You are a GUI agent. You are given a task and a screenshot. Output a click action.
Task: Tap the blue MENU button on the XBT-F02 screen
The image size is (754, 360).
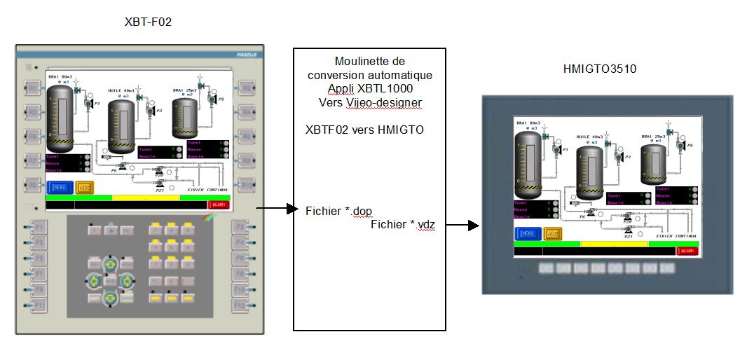(59, 187)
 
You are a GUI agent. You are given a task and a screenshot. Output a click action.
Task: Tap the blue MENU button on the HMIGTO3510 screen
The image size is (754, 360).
(526, 233)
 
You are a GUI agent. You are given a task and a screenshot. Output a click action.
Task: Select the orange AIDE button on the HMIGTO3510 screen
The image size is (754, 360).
(552, 233)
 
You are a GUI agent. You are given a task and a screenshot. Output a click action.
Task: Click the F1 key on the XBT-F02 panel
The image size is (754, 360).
(39, 227)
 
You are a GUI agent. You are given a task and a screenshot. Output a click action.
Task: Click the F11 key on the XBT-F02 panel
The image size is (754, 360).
(39, 305)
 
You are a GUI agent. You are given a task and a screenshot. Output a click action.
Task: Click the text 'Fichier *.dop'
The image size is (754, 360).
(338, 210)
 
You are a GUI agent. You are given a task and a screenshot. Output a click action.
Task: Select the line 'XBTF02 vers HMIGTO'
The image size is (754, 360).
(364, 130)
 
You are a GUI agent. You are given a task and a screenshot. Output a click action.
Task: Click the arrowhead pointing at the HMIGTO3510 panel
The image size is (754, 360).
(474, 226)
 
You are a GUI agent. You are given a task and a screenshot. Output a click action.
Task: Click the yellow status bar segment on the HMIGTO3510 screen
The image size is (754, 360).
(614, 244)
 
